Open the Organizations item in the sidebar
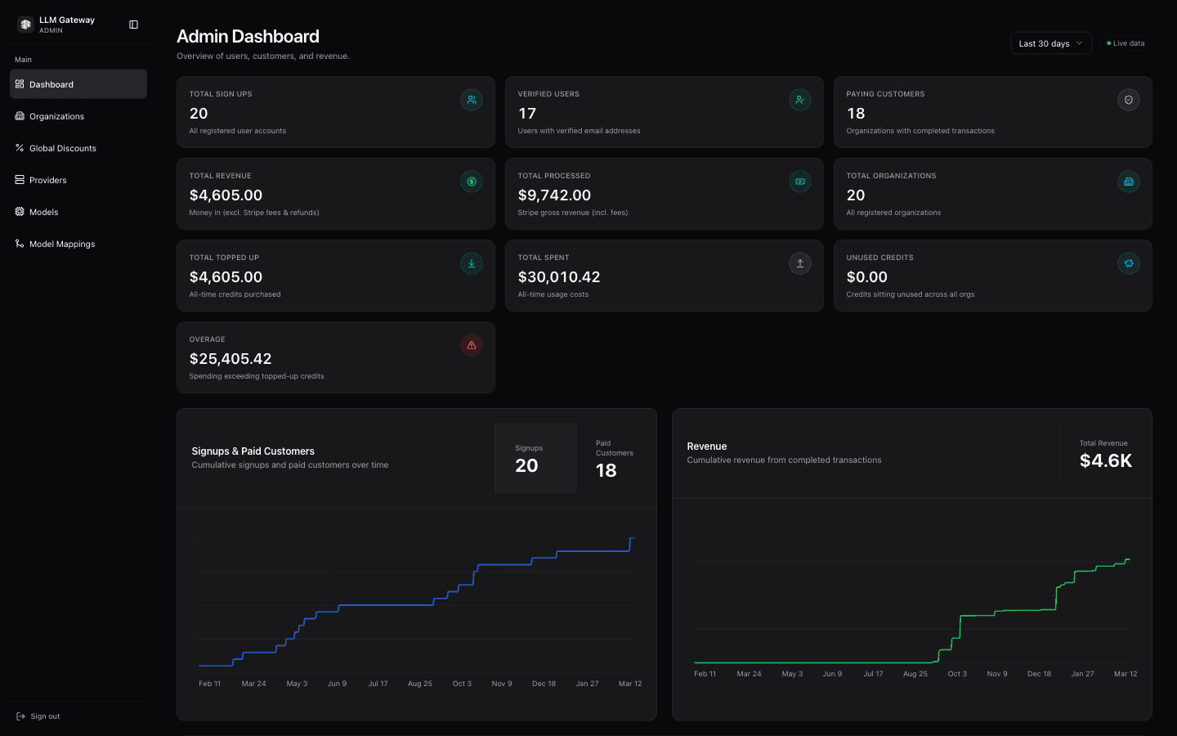point(56,116)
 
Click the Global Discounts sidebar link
point(62,148)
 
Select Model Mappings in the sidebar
point(62,244)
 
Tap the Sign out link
point(45,716)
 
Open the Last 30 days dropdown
point(1050,43)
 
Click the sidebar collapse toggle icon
point(134,25)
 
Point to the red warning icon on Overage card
point(472,345)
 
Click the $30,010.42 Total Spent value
point(559,277)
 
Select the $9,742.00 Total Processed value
point(554,195)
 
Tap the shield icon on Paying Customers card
point(1128,100)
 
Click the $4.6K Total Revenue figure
point(1105,460)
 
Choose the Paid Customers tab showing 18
point(615,459)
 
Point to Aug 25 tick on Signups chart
point(420,684)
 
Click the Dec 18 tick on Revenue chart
point(1039,674)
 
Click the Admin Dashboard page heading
point(248,37)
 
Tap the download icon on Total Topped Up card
point(472,263)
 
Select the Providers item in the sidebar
point(47,180)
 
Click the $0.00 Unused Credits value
point(866,277)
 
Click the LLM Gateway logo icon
point(25,25)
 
